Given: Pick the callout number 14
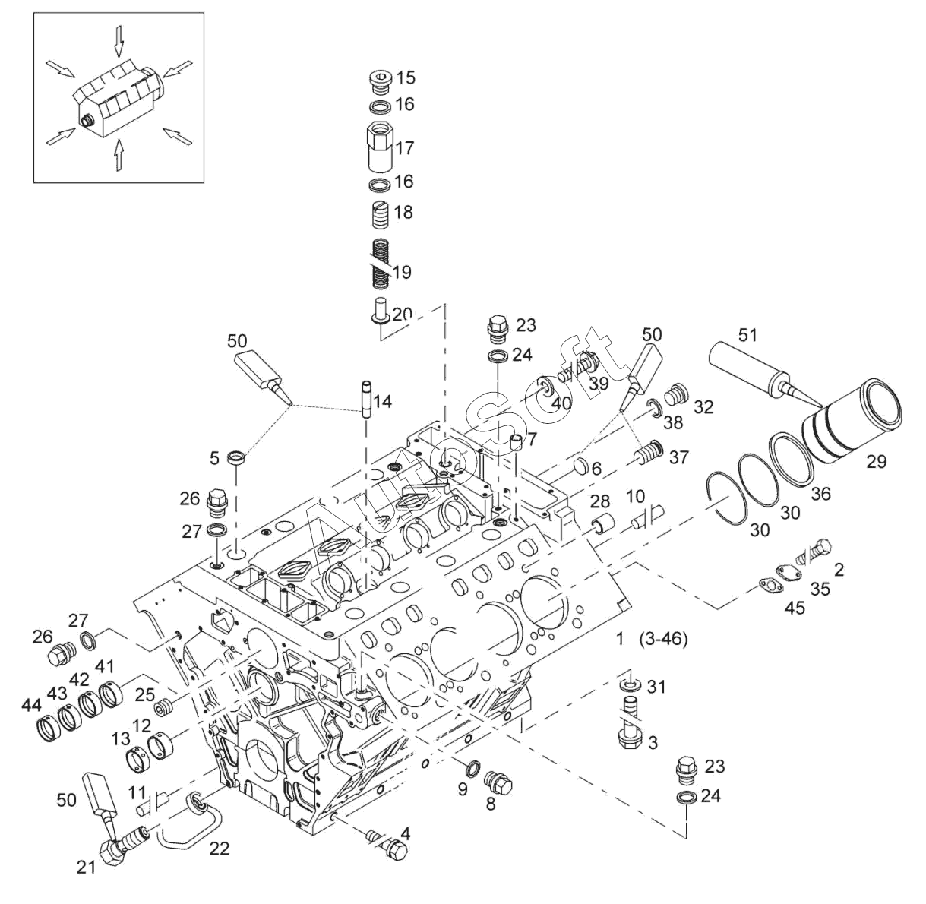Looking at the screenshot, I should [x=383, y=401].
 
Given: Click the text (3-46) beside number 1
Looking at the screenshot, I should [x=663, y=640].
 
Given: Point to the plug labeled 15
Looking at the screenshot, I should [x=379, y=79].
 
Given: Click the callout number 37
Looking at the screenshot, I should [x=678, y=456].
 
